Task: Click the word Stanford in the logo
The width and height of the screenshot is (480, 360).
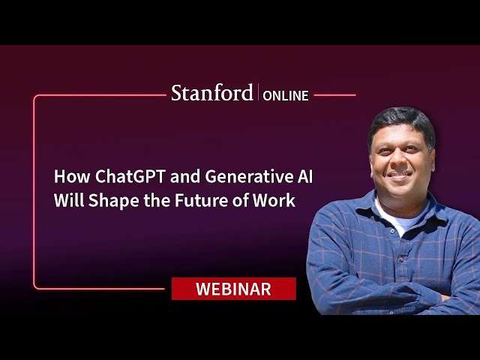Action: (x=211, y=93)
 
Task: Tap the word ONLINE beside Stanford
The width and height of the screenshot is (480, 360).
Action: (x=286, y=96)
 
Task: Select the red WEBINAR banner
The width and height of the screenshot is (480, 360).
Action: (x=233, y=289)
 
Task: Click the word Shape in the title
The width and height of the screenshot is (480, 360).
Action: (x=113, y=202)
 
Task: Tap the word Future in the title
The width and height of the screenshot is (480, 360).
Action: (x=201, y=201)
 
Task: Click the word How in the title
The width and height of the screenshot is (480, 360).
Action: (x=72, y=177)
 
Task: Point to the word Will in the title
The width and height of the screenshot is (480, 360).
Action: (x=69, y=201)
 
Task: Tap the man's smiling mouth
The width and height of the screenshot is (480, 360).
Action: (x=400, y=175)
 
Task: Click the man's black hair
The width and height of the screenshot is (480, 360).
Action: (x=402, y=122)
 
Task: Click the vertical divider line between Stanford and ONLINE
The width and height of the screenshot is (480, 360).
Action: (x=258, y=91)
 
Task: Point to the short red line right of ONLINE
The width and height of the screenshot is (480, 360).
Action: (x=334, y=95)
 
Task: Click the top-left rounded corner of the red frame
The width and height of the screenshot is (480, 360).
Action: (x=35, y=97)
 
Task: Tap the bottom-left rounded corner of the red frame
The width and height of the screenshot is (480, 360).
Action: (x=35, y=286)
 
